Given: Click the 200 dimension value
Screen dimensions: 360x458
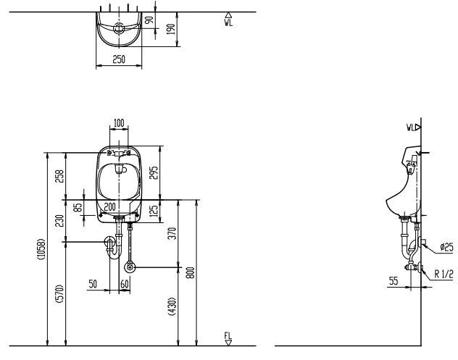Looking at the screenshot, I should (x=109, y=207).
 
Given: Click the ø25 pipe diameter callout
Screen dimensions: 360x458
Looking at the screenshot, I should (x=446, y=248).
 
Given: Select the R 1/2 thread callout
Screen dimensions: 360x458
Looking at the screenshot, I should (x=444, y=273).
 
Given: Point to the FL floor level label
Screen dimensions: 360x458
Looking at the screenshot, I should (x=228, y=337).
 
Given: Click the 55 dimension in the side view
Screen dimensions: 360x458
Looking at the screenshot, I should (x=392, y=280).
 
